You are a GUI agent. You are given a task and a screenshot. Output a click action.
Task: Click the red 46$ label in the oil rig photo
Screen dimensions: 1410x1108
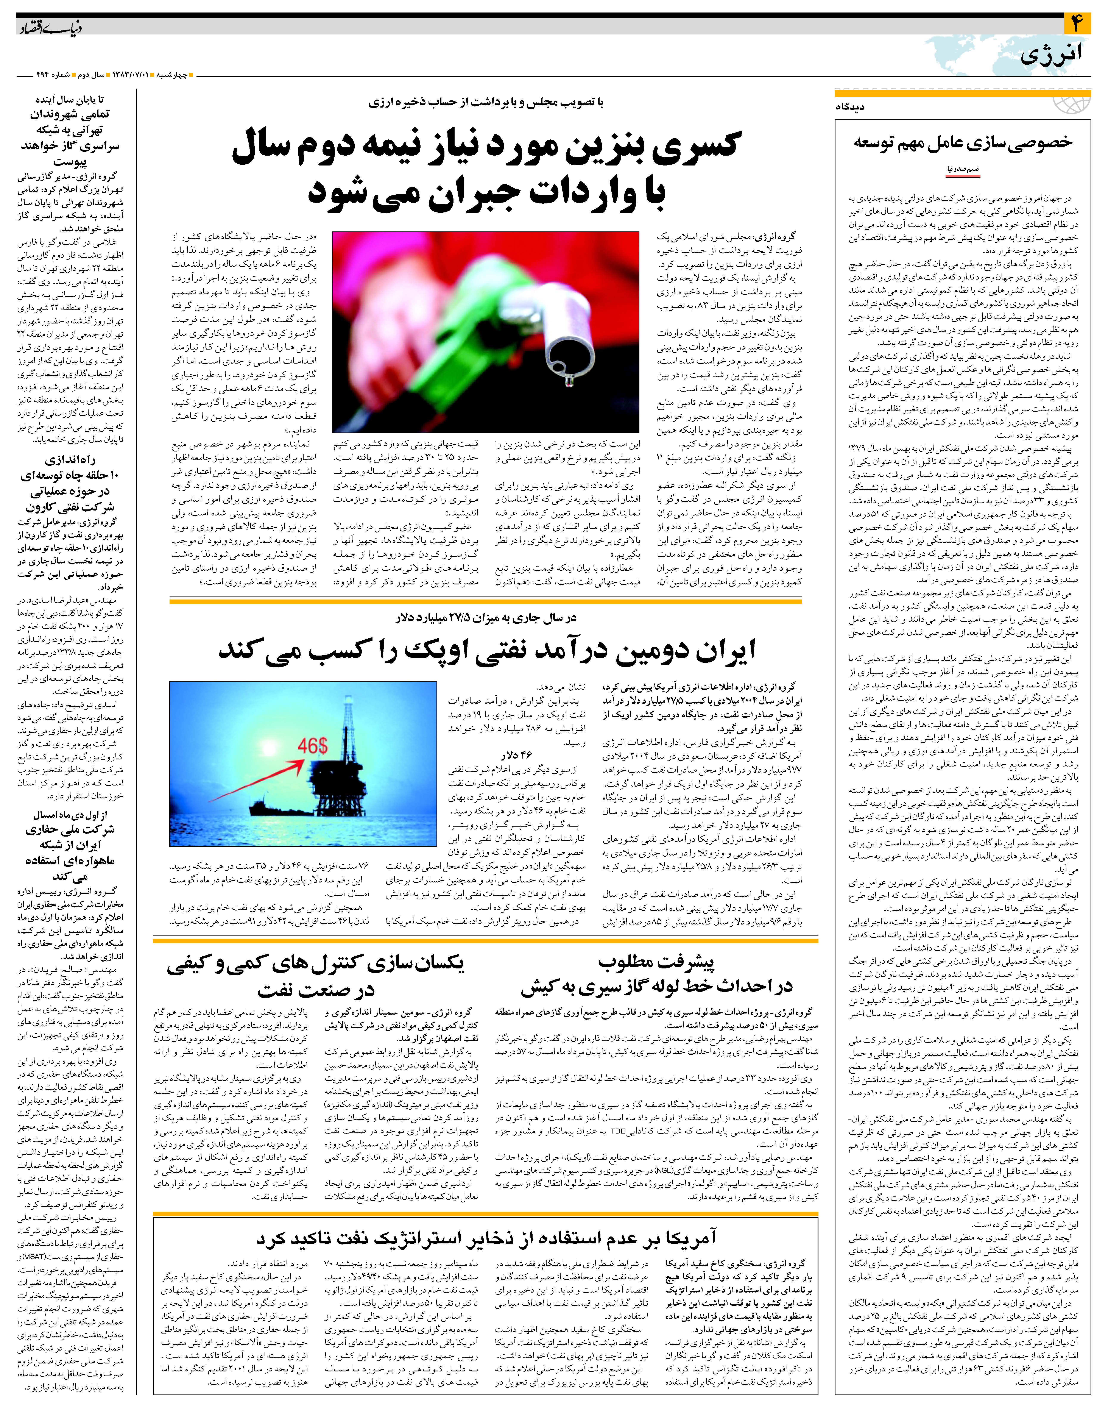pos(313,746)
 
